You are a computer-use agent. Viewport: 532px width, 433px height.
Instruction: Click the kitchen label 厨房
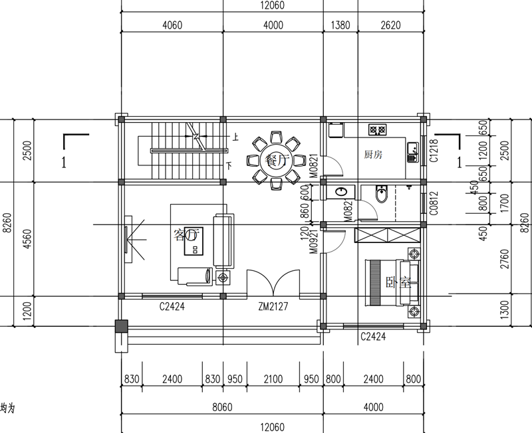pos(374,155)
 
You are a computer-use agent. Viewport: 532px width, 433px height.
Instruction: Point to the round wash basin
pos(342,192)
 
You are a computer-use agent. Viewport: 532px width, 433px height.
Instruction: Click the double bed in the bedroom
pos(393,282)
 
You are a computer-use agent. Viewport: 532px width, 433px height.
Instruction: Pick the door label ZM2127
pos(273,307)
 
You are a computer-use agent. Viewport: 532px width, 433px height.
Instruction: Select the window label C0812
pos(433,201)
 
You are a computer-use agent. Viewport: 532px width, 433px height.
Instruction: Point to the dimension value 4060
pos(172,26)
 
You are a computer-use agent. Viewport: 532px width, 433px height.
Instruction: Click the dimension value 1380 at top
pos(340,26)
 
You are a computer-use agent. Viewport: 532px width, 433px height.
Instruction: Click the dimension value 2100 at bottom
pos(273,379)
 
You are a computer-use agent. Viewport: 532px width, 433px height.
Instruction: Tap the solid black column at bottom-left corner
pos(120,327)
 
